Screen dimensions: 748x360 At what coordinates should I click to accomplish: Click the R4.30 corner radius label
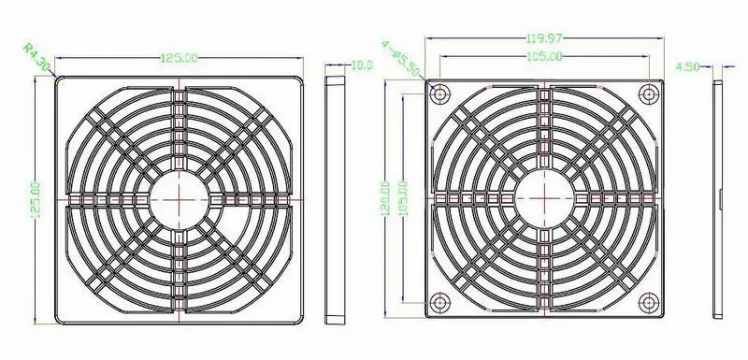(x=36, y=58)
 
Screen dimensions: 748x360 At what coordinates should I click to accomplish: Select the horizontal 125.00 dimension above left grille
(x=179, y=58)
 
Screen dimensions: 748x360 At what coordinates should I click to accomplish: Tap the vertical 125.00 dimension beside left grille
(x=36, y=199)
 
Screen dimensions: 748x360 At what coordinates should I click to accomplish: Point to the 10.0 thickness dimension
(x=362, y=65)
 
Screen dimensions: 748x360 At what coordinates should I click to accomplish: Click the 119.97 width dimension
(x=544, y=37)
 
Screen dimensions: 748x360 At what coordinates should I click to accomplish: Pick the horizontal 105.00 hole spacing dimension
(x=544, y=57)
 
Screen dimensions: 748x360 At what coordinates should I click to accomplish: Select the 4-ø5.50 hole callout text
(x=401, y=58)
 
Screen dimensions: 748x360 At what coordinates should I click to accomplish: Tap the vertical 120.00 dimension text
(x=386, y=198)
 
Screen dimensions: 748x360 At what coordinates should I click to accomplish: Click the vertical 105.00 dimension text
(x=403, y=198)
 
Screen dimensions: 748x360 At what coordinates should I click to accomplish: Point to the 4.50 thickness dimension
(x=687, y=66)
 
